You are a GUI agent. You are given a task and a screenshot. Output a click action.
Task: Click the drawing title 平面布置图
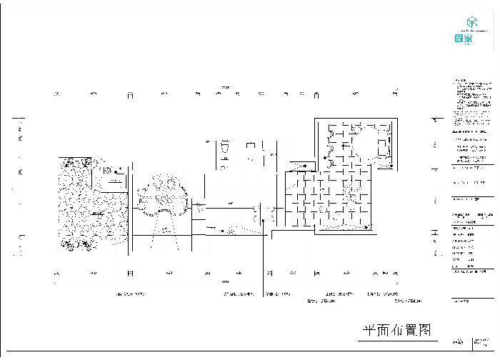(x=397, y=330)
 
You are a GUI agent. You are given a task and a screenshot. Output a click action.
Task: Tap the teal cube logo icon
(x=470, y=22)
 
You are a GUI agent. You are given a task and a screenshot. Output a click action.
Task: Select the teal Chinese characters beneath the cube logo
(x=464, y=39)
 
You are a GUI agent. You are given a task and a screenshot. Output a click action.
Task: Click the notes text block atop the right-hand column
(x=472, y=93)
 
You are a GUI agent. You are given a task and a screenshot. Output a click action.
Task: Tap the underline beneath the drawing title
(x=397, y=341)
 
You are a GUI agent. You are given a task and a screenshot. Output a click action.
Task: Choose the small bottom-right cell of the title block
(x=486, y=344)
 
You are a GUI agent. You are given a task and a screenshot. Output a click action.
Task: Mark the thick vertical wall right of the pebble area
(x=130, y=207)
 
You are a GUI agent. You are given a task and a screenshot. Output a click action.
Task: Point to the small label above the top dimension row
(x=226, y=87)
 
